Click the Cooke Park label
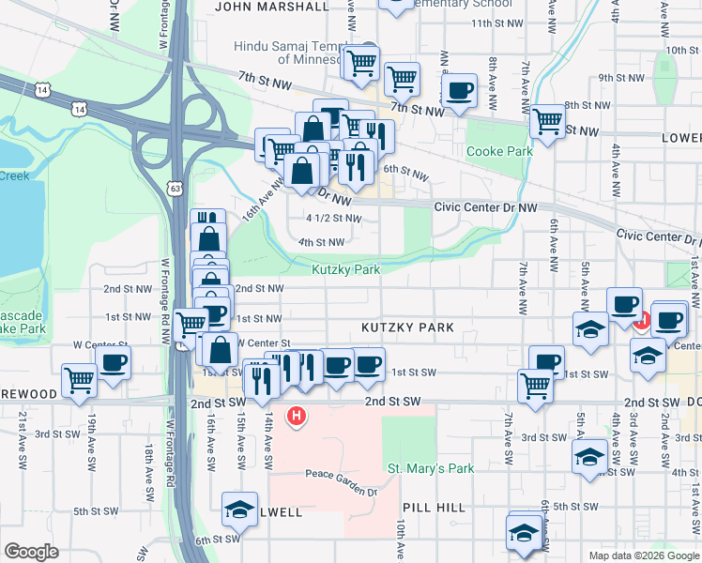click(499, 151)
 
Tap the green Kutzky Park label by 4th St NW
click(345, 269)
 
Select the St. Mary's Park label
click(431, 468)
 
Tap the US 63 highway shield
click(175, 189)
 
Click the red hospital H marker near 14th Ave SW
click(297, 415)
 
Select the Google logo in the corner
click(31, 552)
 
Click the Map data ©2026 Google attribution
click(643, 555)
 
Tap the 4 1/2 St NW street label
click(333, 219)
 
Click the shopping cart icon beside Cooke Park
click(546, 121)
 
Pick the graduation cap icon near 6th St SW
click(238, 510)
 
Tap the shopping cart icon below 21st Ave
click(79, 380)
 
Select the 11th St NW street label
click(495, 23)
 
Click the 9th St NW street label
click(618, 78)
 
